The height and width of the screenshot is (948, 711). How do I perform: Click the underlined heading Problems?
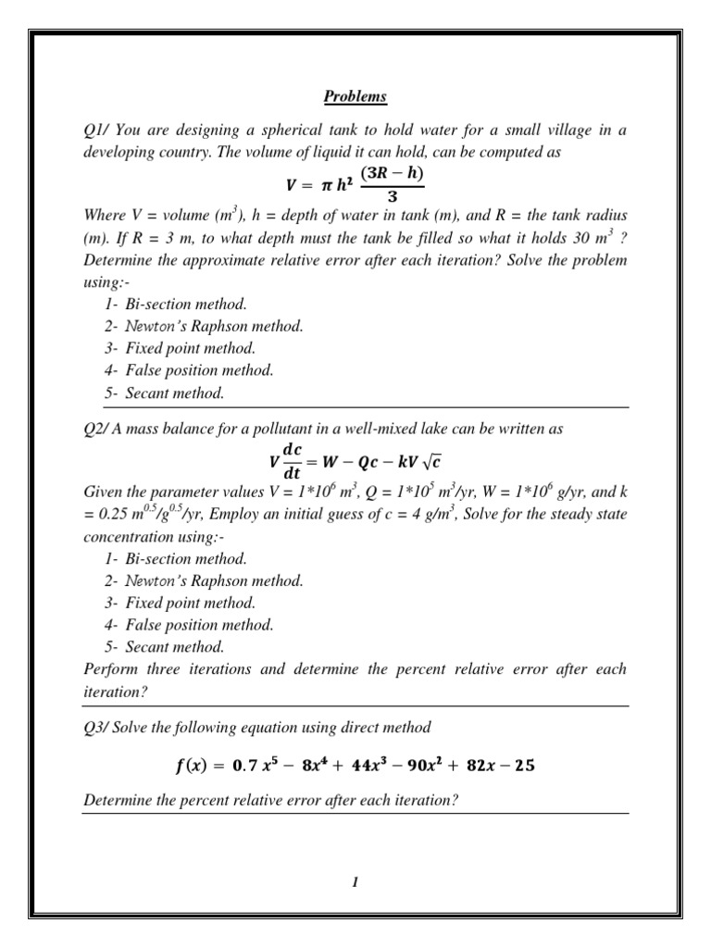[x=355, y=96]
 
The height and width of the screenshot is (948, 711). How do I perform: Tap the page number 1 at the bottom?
[x=355, y=882]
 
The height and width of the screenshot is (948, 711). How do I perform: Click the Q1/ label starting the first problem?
[x=96, y=131]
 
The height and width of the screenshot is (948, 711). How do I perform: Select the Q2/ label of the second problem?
[x=96, y=429]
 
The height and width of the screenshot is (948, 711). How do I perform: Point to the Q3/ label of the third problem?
[x=96, y=727]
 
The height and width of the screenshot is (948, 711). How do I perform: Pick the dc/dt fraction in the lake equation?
[x=292, y=460]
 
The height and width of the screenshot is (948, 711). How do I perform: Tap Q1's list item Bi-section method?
[x=188, y=304]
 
